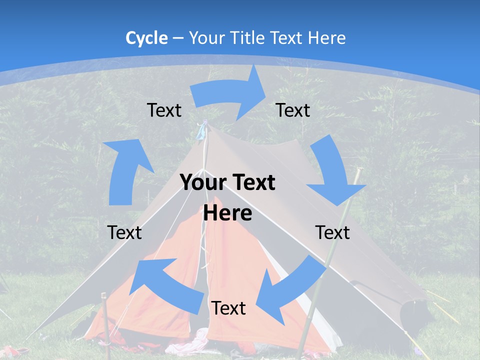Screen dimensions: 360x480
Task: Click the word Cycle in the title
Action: [x=146, y=38]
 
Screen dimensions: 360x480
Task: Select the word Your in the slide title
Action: [x=206, y=38]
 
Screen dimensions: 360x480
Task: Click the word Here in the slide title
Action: [x=327, y=38]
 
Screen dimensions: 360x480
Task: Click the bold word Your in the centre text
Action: [x=200, y=183]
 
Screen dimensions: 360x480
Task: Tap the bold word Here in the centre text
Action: [x=227, y=213]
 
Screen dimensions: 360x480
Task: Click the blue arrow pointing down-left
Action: [x=290, y=290]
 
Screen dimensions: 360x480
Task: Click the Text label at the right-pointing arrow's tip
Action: [x=293, y=110]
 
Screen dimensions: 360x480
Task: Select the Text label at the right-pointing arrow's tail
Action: [x=164, y=110]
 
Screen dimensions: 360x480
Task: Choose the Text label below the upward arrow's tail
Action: [x=124, y=232]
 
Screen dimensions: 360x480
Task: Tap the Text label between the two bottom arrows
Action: [x=228, y=308]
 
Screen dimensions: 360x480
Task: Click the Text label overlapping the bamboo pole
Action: [x=332, y=232]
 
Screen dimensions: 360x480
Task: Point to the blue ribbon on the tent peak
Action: [x=201, y=131]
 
